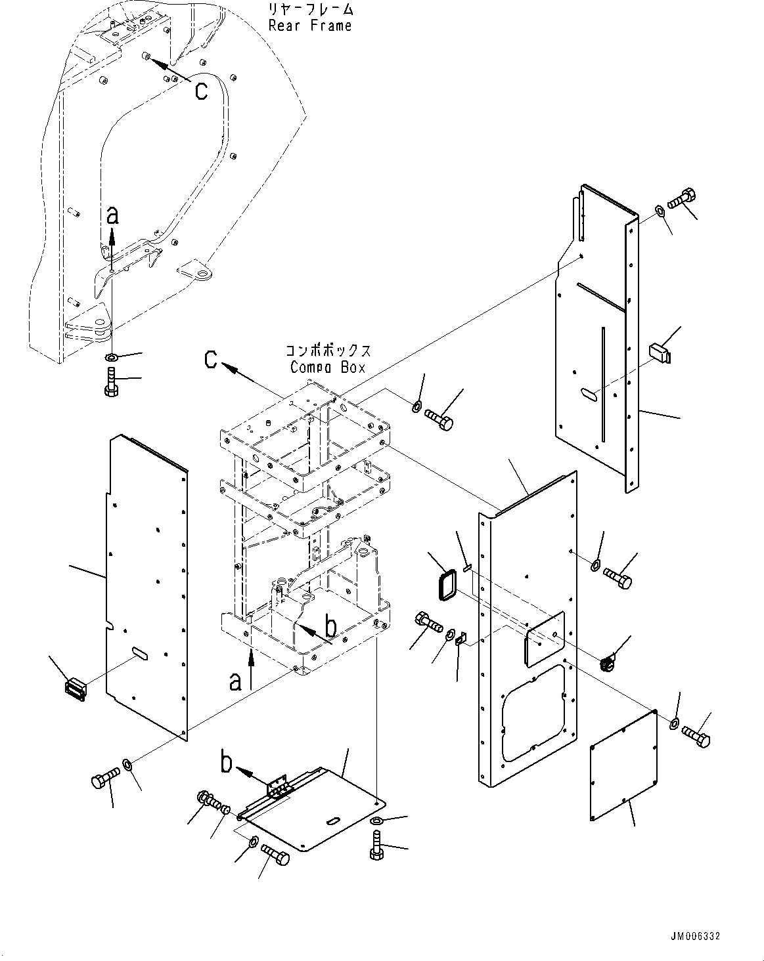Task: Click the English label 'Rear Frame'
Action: point(310,26)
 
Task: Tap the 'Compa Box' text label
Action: point(328,368)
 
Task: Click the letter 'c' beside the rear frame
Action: point(200,90)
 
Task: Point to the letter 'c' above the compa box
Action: point(210,359)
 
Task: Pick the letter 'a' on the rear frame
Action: point(113,215)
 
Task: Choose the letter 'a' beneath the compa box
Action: point(236,683)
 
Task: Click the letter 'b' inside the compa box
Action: point(332,627)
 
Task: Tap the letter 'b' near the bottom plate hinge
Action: point(226,763)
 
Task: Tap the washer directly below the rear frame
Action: point(112,357)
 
